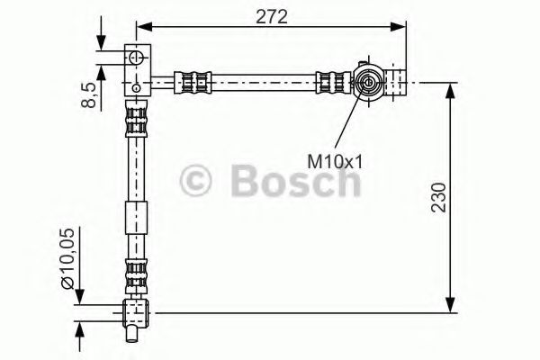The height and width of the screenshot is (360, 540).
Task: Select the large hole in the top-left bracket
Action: pos(135,58)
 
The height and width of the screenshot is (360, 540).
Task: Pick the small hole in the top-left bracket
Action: pos(135,86)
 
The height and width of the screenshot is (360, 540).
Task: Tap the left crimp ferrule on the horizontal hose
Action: pos(197,82)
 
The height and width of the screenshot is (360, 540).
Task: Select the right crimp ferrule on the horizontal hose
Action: pos(331,82)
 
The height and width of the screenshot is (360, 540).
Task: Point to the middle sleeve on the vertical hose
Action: pos(135,219)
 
